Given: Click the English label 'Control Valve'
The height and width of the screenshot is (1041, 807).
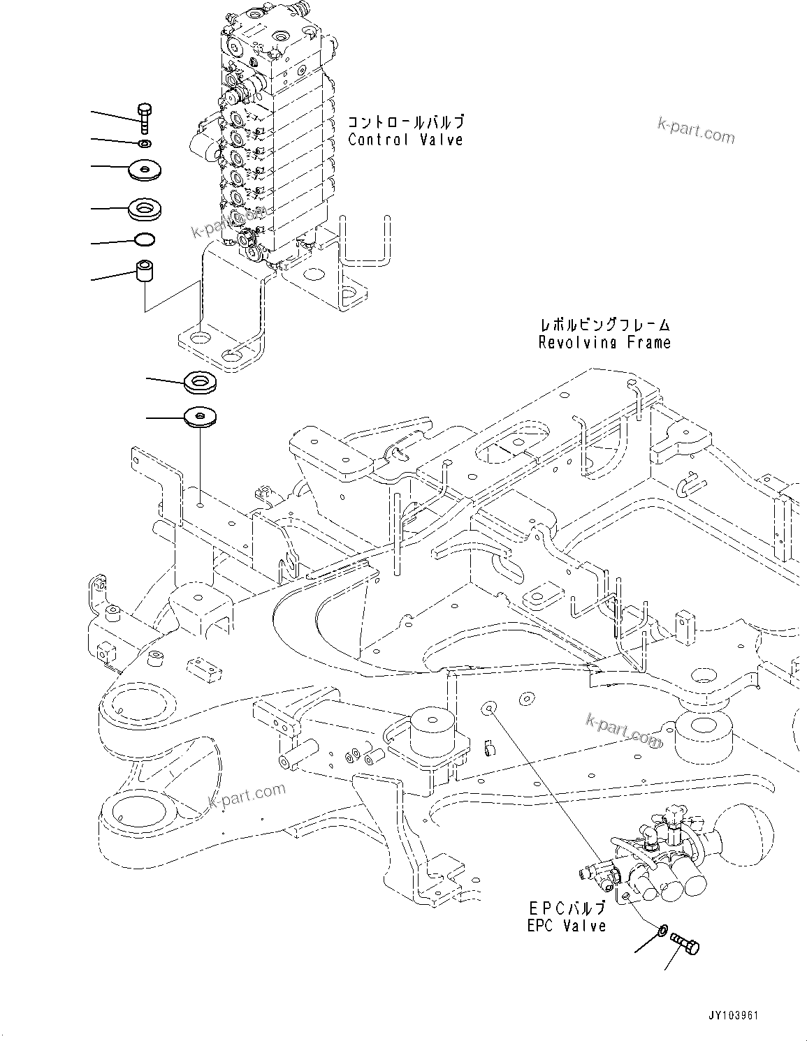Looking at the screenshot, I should (x=405, y=140).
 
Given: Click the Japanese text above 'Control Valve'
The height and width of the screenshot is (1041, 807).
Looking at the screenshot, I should (x=405, y=122).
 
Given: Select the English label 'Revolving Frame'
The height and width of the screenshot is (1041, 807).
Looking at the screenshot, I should (x=604, y=342).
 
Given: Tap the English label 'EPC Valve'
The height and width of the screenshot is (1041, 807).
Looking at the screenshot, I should (x=567, y=926).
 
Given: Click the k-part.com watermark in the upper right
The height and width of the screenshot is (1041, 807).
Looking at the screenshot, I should (x=696, y=130).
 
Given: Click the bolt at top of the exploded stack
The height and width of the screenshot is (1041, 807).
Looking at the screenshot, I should (x=144, y=117).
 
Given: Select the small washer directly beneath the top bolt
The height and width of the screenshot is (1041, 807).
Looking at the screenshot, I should (x=145, y=143).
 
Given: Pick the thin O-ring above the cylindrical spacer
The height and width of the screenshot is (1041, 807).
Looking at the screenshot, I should (x=145, y=242).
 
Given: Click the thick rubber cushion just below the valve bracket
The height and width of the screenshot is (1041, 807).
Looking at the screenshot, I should (x=201, y=383).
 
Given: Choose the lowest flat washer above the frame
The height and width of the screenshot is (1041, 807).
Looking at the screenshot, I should (x=201, y=417).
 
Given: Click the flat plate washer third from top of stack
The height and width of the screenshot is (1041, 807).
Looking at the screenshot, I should (x=145, y=170).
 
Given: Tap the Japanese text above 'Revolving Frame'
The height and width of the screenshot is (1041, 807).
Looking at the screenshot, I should (x=604, y=325).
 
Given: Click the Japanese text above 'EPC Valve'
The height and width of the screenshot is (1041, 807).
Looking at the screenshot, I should (x=567, y=908).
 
